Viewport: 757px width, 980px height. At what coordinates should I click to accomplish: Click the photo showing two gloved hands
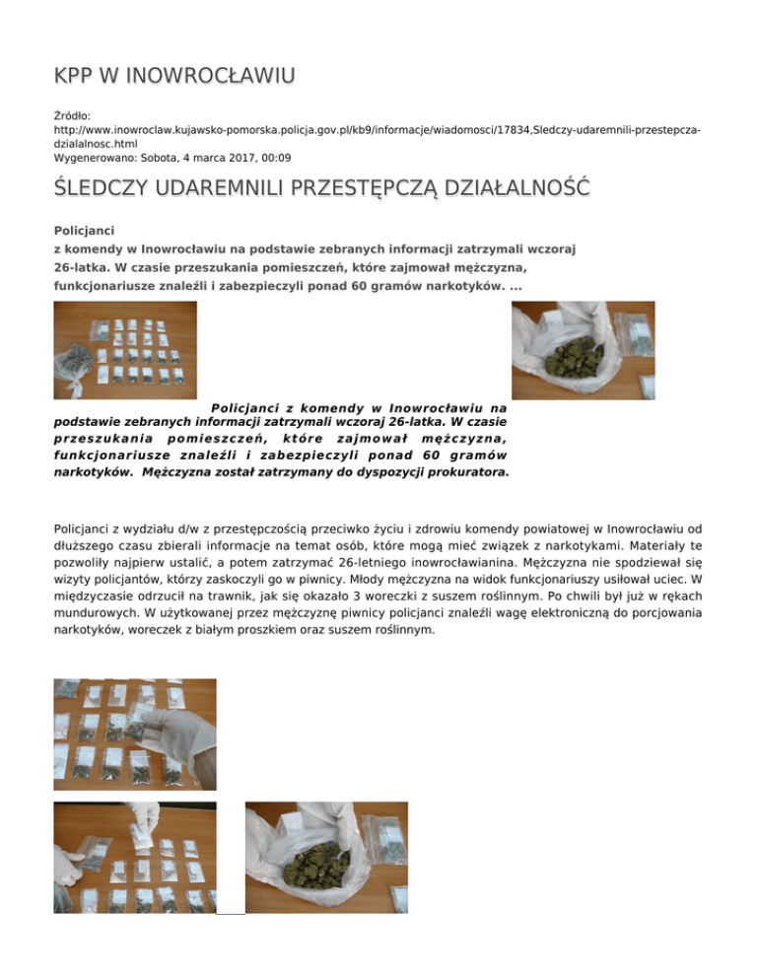point(134,856)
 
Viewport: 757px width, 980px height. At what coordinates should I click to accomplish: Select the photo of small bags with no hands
point(124,350)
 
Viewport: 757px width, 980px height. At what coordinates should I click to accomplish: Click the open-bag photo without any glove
point(325,856)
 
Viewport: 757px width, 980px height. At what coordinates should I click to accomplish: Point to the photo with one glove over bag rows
point(134,734)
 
